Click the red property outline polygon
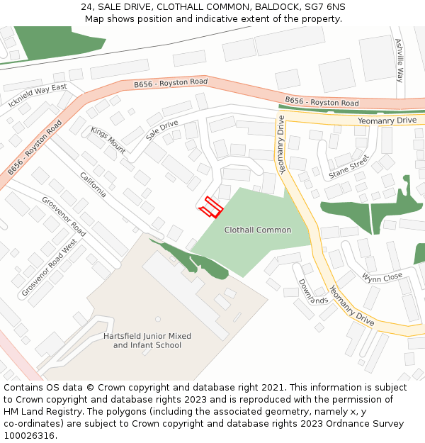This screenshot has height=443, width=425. [x=210, y=206]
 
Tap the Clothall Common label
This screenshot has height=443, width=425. [x=257, y=230]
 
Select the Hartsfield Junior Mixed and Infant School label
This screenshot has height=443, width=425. [x=147, y=340]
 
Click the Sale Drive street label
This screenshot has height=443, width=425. [x=161, y=130]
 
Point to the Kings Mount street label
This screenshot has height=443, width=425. [x=108, y=140]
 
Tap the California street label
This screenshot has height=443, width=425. [x=93, y=184]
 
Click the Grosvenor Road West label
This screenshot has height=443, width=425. [x=49, y=268]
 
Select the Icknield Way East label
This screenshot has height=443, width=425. [x=38, y=97]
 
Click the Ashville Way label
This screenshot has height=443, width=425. [x=399, y=60]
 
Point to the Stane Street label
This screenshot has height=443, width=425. [x=348, y=167]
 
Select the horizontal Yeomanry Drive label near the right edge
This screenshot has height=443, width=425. [x=387, y=120]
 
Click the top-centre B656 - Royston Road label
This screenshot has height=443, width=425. [x=171, y=83]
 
